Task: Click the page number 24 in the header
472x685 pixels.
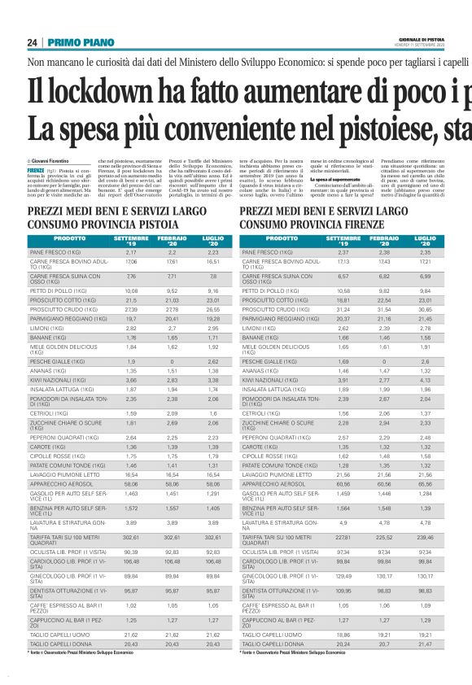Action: (x=33, y=42)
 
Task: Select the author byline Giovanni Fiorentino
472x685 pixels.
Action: (x=52, y=162)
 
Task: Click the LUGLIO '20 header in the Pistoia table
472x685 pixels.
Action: (x=212, y=241)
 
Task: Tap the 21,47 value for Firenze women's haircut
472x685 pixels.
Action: (x=424, y=644)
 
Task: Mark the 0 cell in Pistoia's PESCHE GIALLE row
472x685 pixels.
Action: (x=172, y=360)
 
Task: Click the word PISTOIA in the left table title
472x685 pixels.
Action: (x=150, y=223)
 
